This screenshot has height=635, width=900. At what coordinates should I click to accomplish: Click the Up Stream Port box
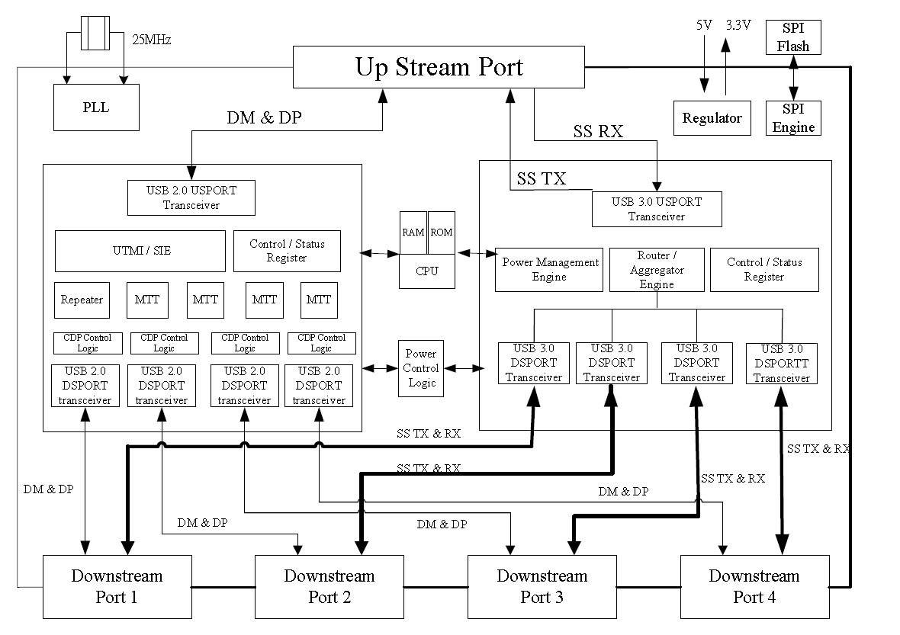[x=439, y=67]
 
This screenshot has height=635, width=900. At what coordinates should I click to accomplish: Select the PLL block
[x=96, y=107]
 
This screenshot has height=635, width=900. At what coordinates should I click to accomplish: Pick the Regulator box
[x=712, y=118]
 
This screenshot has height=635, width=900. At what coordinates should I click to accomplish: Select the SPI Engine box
[x=793, y=119]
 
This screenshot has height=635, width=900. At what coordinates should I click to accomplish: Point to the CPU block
[x=427, y=271]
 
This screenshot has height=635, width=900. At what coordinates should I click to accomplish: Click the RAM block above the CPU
[x=413, y=233]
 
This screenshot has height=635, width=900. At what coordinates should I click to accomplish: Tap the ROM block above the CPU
[x=441, y=233]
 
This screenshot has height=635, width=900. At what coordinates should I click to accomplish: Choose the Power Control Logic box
[x=421, y=368]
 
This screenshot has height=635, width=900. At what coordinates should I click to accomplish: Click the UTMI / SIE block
[x=140, y=250]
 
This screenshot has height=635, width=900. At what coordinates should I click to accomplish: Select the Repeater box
[x=82, y=300]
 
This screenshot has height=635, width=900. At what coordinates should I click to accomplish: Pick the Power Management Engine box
[x=549, y=269]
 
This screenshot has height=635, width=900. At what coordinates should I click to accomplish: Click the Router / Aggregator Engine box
[x=657, y=270]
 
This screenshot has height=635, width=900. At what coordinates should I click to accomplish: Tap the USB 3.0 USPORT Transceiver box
[x=657, y=209]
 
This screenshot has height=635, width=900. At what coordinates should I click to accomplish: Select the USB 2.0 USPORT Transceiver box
[x=191, y=197]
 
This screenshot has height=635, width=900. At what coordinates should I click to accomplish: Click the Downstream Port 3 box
[x=542, y=586]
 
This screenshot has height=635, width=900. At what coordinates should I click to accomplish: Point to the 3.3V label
[x=738, y=25]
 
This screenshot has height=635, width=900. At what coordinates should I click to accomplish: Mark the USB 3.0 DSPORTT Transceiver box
[x=781, y=363]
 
